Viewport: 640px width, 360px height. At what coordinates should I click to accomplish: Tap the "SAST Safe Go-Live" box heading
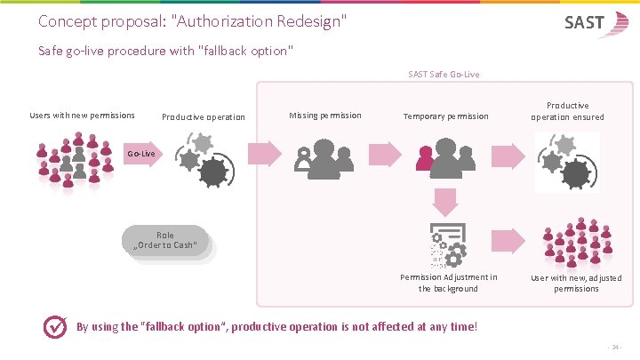tap(444, 74)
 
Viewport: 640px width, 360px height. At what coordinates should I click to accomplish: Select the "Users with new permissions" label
tap(82, 115)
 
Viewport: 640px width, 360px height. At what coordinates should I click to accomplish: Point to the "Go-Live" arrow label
tap(141, 154)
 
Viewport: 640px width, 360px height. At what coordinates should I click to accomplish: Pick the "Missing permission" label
tap(325, 115)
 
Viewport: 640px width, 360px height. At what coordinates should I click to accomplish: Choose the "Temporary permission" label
tap(445, 116)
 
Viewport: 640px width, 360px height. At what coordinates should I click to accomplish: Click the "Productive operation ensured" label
tap(567, 111)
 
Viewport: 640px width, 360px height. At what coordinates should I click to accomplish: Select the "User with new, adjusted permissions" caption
tap(576, 283)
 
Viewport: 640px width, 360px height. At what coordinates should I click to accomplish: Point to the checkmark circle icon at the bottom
tap(56, 327)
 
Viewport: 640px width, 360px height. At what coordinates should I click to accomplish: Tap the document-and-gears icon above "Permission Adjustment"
tap(447, 246)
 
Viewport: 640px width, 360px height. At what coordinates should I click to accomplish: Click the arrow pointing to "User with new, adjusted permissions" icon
tap(509, 240)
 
